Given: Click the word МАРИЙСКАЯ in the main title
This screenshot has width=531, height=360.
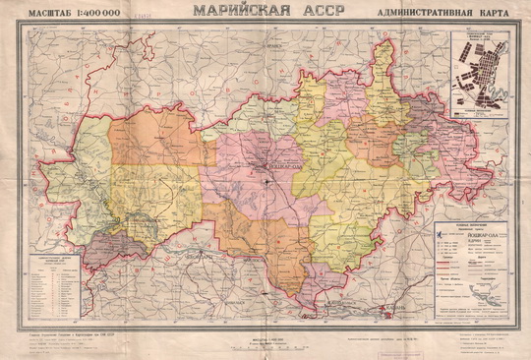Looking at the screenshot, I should point(239,12).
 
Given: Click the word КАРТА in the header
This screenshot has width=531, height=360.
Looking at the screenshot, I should point(492,15).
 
